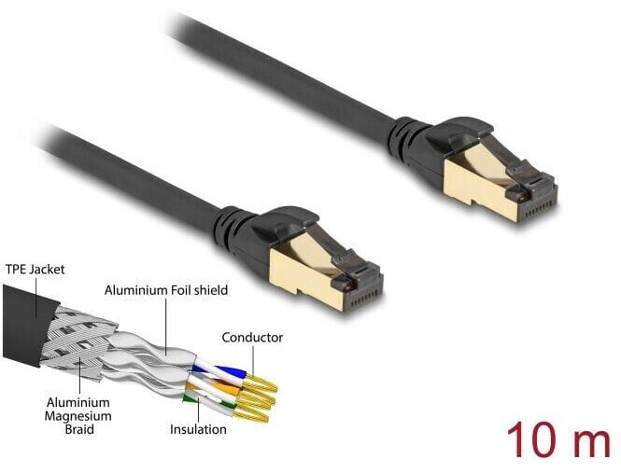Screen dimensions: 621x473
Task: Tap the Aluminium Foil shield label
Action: click(166, 290)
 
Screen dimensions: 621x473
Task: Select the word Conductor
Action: click(251, 337)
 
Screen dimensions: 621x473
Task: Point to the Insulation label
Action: click(198, 430)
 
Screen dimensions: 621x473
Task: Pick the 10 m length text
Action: click(557, 438)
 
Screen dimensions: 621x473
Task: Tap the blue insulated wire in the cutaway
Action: click(206, 366)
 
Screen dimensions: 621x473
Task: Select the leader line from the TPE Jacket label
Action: click(38, 294)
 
